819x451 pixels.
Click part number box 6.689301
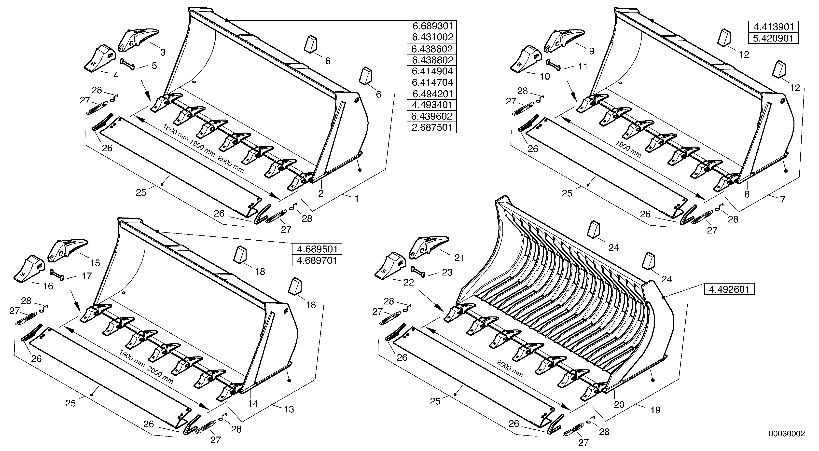(x=431, y=26)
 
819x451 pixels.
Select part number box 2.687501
(x=431, y=127)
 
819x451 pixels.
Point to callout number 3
(x=163, y=53)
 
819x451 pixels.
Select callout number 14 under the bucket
(x=253, y=404)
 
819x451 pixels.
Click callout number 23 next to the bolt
(x=447, y=272)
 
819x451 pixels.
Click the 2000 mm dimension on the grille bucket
(x=510, y=369)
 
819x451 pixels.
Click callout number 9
(x=591, y=51)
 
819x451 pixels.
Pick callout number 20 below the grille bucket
(x=619, y=405)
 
